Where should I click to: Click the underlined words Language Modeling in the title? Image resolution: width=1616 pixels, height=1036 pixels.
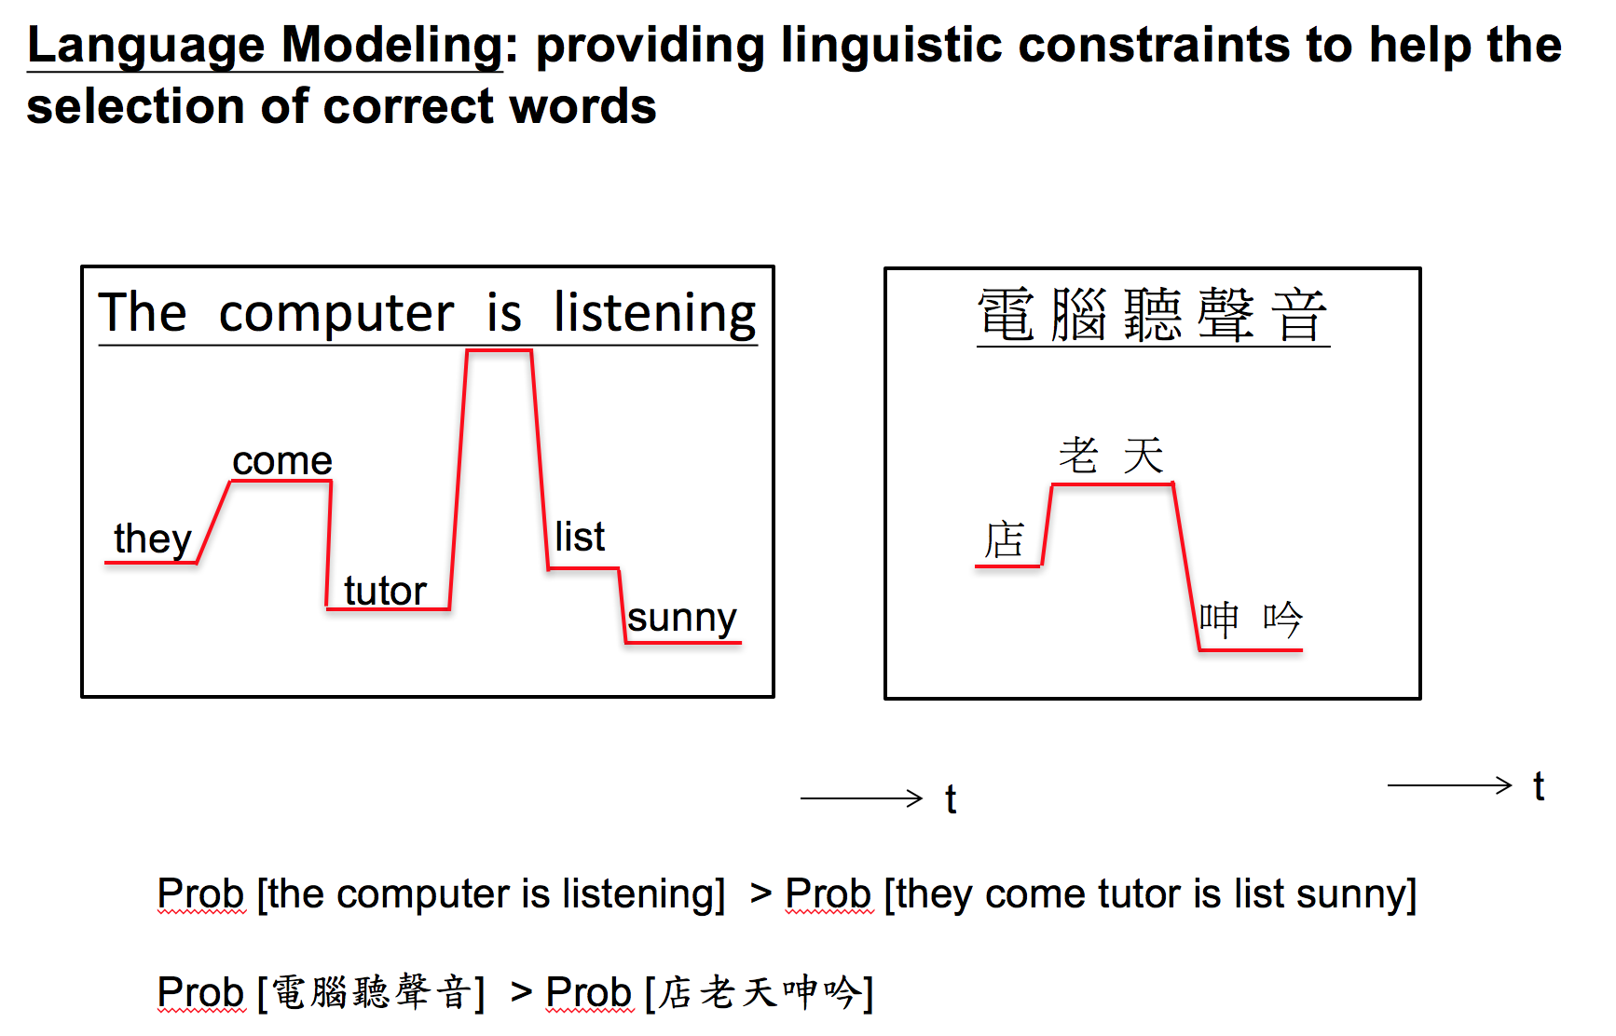pyautogui.click(x=265, y=45)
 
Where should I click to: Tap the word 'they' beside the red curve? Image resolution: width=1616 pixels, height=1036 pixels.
pyautogui.click(x=152, y=538)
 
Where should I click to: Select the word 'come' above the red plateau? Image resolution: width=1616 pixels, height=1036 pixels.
pyautogui.click(x=281, y=460)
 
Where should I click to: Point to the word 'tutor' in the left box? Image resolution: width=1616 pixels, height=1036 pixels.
pyautogui.click(x=385, y=590)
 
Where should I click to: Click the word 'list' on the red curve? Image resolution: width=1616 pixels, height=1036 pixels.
pyautogui.click(x=580, y=537)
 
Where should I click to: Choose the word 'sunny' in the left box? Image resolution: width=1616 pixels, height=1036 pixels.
pyautogui.click(x=682, y=618)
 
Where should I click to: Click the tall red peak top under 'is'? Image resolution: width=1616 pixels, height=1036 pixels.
pyautogui.click(x=499, y=351)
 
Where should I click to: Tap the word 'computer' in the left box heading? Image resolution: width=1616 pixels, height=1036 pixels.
pyautogui.click(x=336, y=313)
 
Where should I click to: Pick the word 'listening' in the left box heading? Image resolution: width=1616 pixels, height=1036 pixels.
pyautogui.click(x=654, y=313)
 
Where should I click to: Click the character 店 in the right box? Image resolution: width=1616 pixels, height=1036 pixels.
pyautogui.click(x=1005, y=540)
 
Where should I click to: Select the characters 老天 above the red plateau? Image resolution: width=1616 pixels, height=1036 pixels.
pyautogui.click(x=1111, y=456)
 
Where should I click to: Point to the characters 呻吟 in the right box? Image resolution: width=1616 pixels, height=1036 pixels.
pyautogui.click(x=1251, y=620)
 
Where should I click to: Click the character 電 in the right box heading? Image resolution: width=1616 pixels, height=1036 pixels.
pyautogui.click(x=1006, y=315)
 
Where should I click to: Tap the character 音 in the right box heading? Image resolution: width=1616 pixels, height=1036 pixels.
pyautogui.click(x=1299, y=315)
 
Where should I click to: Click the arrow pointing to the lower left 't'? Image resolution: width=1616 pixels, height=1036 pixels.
pyautogui.click(x=861, y=797)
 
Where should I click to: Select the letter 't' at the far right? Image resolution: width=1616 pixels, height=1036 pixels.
pyautogui.click(x=1539, y=786)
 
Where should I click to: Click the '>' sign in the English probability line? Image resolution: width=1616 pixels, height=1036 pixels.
pyautogui.click(x=760, y=893)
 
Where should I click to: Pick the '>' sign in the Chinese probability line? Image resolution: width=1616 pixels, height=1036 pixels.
pyautogui.click(x=521, y=992)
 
